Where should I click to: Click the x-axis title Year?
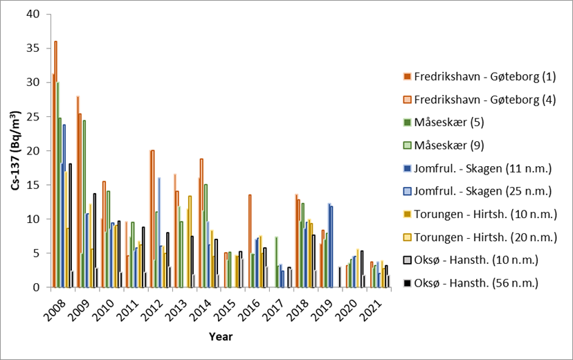(221, 337)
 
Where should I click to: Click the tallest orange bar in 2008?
(55, 164)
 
